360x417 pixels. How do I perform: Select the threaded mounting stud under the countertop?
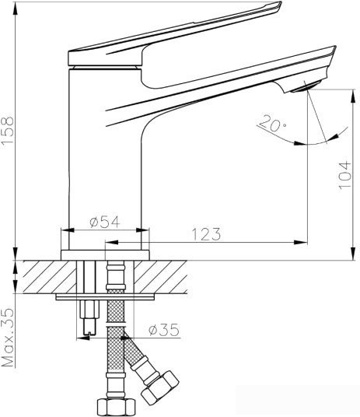point(88,319)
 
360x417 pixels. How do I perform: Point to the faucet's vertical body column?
point(105,148)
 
